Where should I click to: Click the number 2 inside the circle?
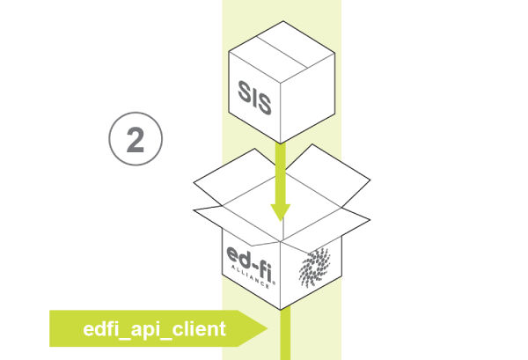tap(136, 140)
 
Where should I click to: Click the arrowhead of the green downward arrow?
tap(281, 212)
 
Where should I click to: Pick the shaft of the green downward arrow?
tap(281, 172)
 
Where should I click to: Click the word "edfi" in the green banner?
tap(100, 329)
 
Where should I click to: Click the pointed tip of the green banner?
tap(265, 329)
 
